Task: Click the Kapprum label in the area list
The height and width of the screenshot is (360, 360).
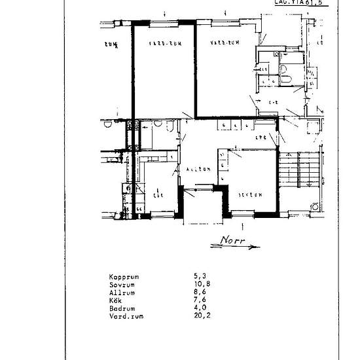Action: click(x=125, y=277)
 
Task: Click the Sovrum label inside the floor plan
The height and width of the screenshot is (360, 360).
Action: click(x=251, y=194)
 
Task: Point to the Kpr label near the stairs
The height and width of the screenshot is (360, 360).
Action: click(x=261, y=137)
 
